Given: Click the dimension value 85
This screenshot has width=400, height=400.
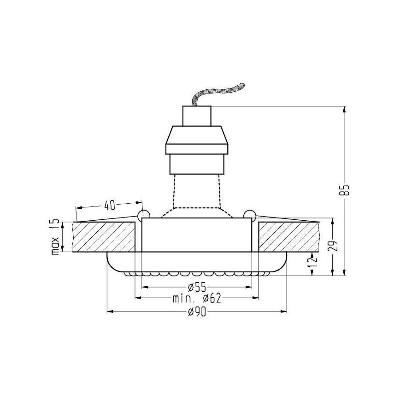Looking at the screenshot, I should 347,190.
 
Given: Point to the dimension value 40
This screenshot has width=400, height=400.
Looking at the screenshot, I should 109,204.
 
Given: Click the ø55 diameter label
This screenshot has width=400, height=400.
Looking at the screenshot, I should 197,288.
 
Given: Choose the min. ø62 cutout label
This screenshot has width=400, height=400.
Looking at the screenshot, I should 197,299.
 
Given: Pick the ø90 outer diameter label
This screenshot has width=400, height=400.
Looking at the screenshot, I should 197,313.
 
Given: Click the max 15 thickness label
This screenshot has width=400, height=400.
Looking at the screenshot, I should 55,237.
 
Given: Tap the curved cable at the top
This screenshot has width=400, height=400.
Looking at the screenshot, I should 219,92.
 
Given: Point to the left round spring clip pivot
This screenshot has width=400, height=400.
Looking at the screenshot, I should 143,214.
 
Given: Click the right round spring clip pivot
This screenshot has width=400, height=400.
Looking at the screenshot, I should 250,214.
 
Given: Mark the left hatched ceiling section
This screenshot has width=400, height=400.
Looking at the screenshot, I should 104,237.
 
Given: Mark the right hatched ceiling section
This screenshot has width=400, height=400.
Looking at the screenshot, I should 288,237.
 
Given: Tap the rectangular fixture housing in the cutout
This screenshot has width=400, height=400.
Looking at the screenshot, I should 197,235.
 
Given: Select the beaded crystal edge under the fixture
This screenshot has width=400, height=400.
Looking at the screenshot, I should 197,273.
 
